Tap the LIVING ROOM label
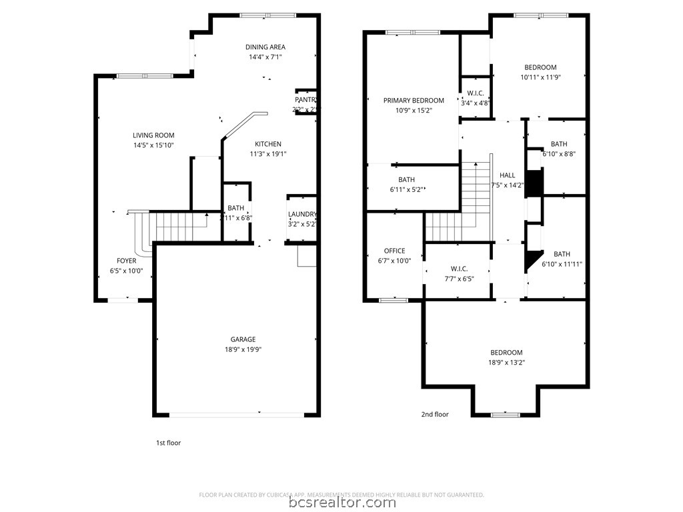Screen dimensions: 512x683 pos(153,135)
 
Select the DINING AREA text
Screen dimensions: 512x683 pos(265,47)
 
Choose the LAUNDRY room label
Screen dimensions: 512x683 pos(302,214)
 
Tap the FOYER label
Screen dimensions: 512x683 pos(127,261)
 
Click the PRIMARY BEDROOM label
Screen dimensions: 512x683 pos(414,101)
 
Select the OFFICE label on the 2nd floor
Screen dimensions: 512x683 pos(394,251)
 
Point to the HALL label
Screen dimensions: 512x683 pos(507,175)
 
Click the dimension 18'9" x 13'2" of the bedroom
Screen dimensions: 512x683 pos(506,363)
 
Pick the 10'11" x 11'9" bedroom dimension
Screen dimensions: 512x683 pos(540,77)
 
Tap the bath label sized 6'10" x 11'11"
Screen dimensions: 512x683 pos(562,254)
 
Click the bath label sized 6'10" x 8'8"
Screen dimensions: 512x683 pos(559,144)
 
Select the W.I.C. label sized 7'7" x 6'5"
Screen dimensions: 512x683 pos(459,269)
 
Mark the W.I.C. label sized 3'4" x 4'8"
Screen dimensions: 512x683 pos(476,93)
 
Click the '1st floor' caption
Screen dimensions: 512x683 pos(168,443)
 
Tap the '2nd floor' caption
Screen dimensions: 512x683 pos(435,414)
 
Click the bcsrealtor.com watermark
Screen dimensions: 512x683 pos(341,502)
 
